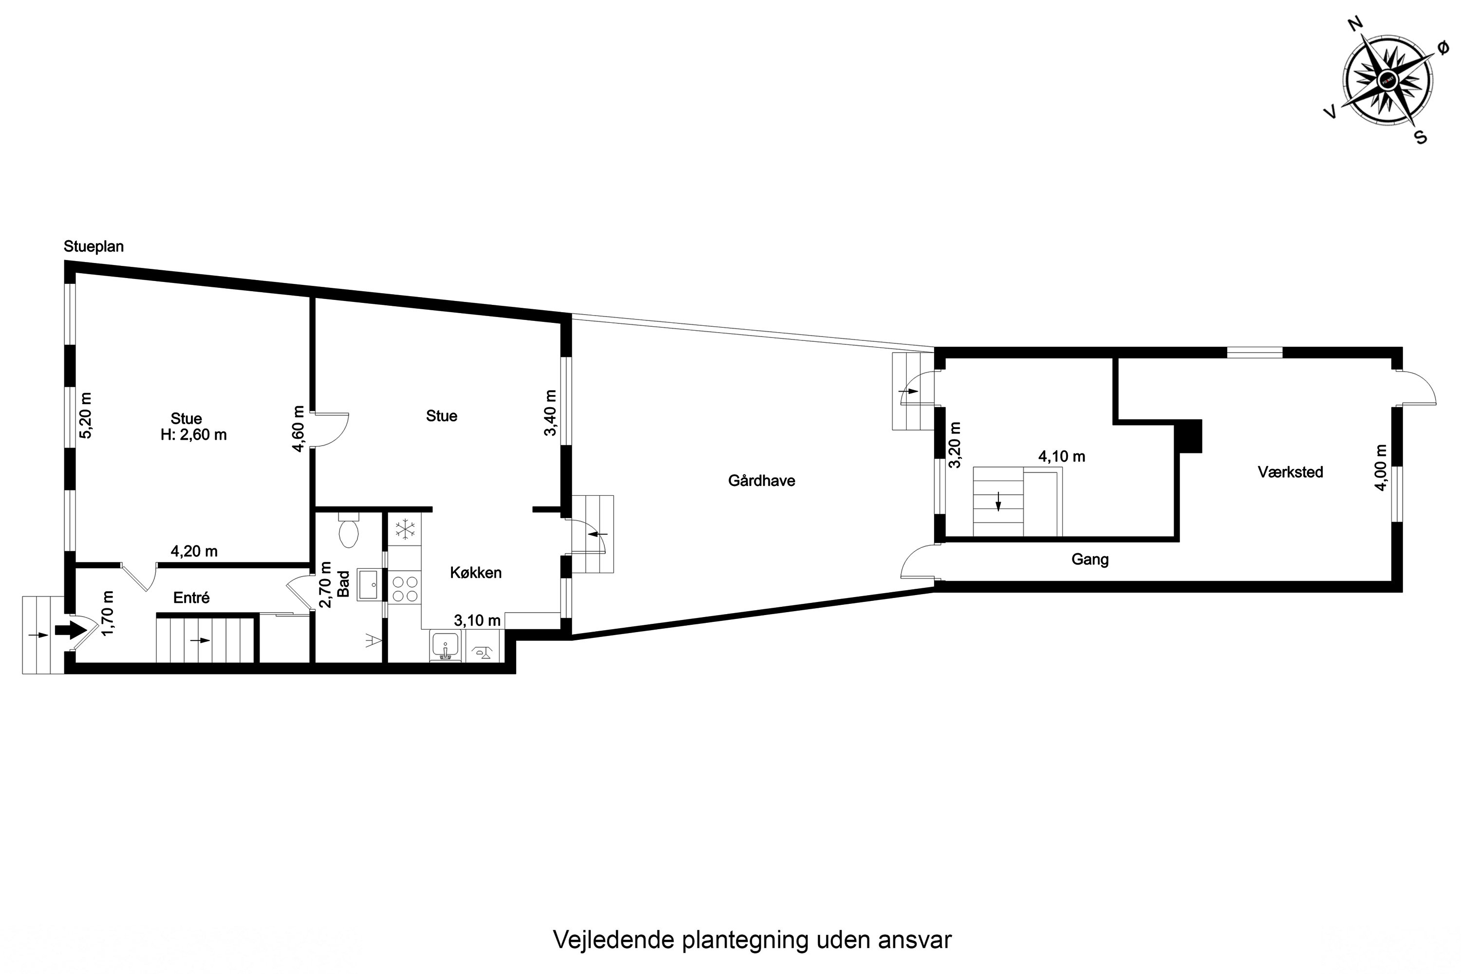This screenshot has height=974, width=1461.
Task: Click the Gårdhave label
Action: point(762,480)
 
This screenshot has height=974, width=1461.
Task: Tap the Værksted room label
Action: point(1290,471)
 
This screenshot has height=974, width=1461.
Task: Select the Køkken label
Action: point(476,572)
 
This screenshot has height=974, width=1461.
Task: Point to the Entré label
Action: point(191,598)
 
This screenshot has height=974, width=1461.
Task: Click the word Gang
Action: point(1090,560)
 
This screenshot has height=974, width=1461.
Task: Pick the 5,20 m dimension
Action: point(85,415)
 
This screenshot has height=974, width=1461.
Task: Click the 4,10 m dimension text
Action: point(1062,457)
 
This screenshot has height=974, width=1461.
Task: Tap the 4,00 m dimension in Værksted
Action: point(1380,467)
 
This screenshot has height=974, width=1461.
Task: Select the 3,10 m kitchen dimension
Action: point(477,620)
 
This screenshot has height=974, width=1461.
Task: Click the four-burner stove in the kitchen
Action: point(405,588)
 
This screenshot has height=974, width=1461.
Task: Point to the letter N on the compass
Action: point(1355,41)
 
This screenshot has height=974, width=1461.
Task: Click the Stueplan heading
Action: point(94,246)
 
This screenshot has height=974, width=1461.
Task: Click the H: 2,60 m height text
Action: point(193,435)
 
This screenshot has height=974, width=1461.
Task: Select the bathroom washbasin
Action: point(370,584)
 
